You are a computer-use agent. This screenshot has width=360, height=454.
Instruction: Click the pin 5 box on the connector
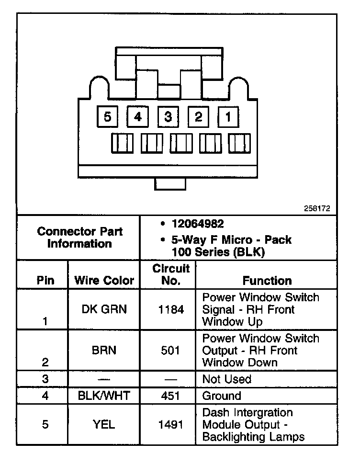pyautogui.click(x=107, y=116)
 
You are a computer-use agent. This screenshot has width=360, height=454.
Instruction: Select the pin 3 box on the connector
pyautogui.click(x=168, y=116)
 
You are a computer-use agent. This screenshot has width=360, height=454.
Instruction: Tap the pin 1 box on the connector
pyautogui.click(x=228, y=116)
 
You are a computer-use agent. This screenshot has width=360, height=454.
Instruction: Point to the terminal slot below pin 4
pyautogui.click(x=152, y=143)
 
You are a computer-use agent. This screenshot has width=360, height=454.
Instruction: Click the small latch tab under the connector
pyautogui.click(x=170, y=183)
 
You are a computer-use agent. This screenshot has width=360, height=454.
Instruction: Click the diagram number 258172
pyautogui.click(x=317, y=209)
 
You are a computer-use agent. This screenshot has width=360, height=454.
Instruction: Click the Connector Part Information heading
pyautogui.click(x=80, y=238)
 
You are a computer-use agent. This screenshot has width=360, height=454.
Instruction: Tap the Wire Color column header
pyautogui.click(x=104, y=281)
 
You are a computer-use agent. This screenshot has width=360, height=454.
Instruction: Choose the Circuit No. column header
pyautogui.click(x=171, y=275)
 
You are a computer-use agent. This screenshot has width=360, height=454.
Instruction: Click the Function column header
pyautogui.click(x=267, y=281)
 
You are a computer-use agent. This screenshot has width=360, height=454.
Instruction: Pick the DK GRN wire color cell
pyautogui.click(x=104, y=309)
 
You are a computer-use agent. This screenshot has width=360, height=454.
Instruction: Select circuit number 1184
pyautogui.click(x=171, y=309)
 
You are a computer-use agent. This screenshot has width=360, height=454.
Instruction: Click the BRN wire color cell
pyautogui.click(x=104, y=350)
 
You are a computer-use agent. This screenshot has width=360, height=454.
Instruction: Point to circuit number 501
pyautogui.click(x=171, y=350)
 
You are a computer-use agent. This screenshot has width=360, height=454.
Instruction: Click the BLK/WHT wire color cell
pyautogui.click(x=104, y=396)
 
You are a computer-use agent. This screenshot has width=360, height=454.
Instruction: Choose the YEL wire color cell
pyautogui.click(x=104, y=424)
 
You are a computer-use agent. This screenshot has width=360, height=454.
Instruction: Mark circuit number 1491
pyautogui.click(x=171, y=424)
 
